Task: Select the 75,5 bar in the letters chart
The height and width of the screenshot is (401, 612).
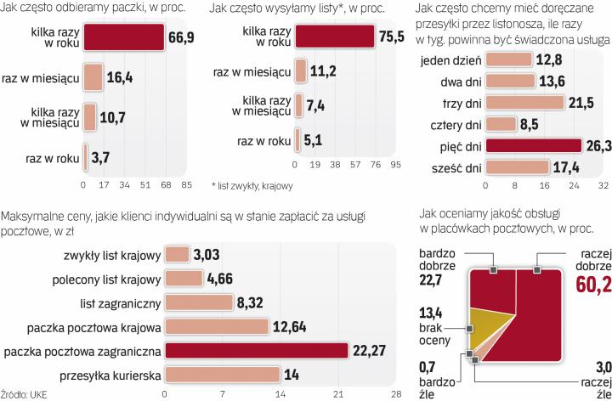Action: pos(333,37)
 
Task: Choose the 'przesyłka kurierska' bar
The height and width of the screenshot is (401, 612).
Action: pos(222,376)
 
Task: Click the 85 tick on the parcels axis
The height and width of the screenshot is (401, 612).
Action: pos(187,184)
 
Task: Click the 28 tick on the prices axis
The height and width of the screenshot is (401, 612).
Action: pos(395,393)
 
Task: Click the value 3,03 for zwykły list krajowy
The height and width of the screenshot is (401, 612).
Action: pos(208,254)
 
